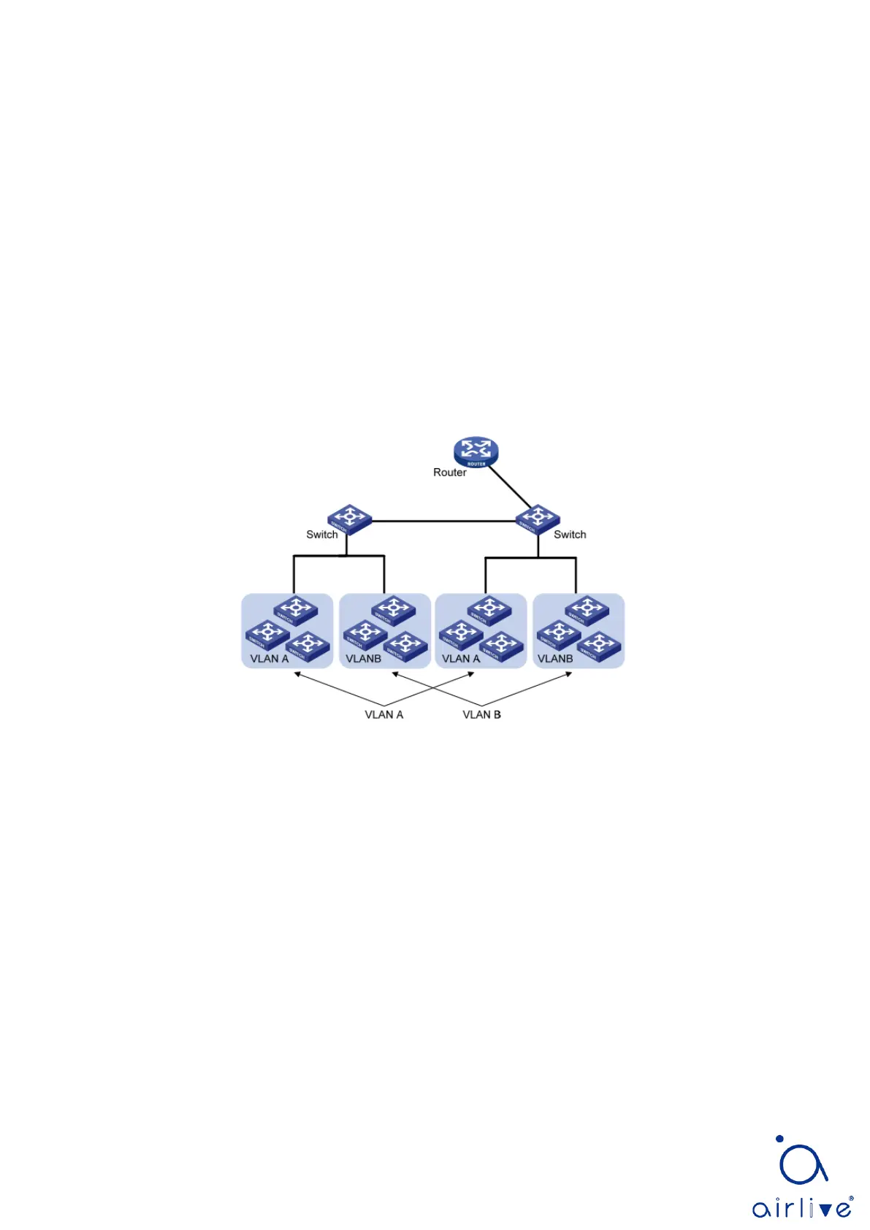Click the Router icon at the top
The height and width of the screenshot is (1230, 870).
(476, 451)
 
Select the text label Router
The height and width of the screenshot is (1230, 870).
(449, 473)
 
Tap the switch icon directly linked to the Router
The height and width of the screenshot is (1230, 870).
(538, 519)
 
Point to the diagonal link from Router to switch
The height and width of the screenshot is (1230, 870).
(509, 485)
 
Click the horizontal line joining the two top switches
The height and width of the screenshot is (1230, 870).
(443, 521)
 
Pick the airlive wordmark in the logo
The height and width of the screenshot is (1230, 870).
(801, 1208)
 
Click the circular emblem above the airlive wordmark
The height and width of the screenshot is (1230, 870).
(801, 1161)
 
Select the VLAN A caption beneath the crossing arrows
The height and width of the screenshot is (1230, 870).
(384, 714)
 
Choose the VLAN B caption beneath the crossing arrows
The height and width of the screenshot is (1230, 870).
(481, 714)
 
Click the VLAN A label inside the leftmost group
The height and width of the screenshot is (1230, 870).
(270, 658)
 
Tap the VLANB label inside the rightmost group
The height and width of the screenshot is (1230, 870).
(555, 658)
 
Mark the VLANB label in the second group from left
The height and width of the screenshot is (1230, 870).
(363, 658)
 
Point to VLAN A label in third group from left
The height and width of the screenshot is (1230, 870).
(461, 658)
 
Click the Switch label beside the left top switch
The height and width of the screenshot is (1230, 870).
(321, 535)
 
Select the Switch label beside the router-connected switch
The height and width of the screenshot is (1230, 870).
(570, 535)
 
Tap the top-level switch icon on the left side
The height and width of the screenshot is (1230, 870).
(349, 519)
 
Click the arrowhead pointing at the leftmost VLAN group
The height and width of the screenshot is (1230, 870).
(297, 674)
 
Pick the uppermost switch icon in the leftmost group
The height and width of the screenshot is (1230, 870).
(296, 610)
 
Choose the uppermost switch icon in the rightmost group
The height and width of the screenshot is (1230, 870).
(587, 610)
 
